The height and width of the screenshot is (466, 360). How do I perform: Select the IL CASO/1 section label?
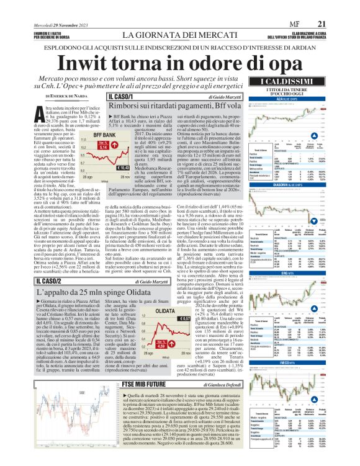coord(121,97)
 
